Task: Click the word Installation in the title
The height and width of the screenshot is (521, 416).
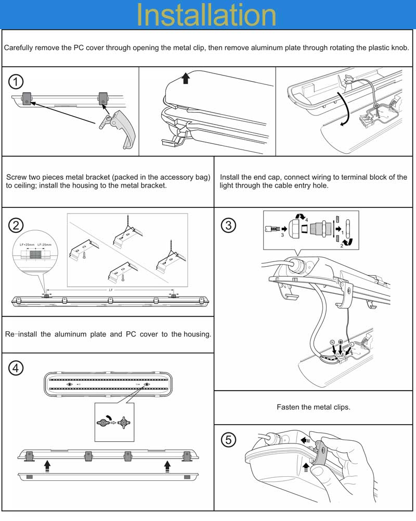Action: pos(206,15)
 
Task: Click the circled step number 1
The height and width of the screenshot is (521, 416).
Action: pos(17,82)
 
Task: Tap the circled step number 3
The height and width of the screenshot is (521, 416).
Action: pos(229,225)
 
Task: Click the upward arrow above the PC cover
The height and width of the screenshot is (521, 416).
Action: pos(186,79)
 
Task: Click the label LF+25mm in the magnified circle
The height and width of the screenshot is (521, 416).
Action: pos(27,244)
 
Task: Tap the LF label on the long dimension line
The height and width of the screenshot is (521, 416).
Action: pos(110,290)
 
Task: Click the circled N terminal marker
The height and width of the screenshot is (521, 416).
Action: pos(331,342)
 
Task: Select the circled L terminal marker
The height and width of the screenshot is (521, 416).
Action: pos(352,344)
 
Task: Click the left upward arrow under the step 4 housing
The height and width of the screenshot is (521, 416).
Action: pos(47,464)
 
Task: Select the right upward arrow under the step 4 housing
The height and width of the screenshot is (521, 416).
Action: pos(167,464)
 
